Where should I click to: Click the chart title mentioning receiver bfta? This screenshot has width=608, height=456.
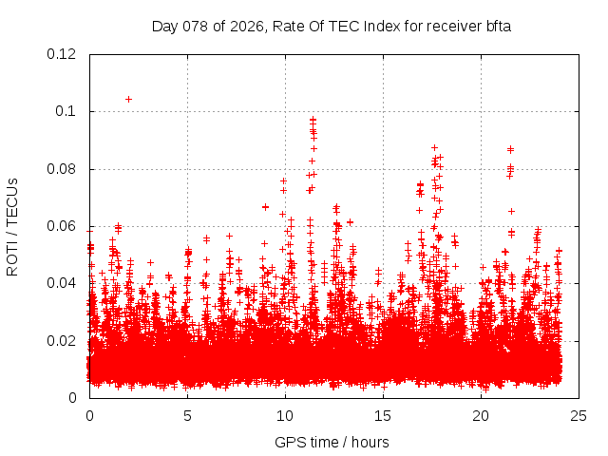click(x=332, y=26)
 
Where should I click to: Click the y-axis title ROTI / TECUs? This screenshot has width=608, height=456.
click(x=12, y=226)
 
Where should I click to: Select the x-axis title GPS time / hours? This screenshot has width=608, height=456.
click(x=332, y=442)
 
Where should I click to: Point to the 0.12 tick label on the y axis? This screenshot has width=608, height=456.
click(x=63, y=54)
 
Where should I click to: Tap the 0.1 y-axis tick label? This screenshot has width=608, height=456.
click(x=66, y=111)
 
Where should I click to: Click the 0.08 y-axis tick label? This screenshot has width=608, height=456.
click(x=63, y=169)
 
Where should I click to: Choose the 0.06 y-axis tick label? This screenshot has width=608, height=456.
click(x=63, y=226)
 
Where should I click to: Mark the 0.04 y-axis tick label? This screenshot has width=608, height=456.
click(x=63, y=283)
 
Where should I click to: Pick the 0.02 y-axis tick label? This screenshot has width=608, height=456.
click(x=63, y=340)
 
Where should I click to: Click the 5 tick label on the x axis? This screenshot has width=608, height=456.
click(x=188, y=415)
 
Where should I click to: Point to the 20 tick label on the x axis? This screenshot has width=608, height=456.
click(x=482, y=415)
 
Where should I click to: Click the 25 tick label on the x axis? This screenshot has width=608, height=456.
click(x=579, y=415)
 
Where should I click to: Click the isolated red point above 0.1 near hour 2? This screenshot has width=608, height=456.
click(x=128, y=99)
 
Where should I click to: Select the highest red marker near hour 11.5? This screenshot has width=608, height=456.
click(x=313, y=120)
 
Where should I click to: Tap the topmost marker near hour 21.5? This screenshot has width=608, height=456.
click(x=510, y=149)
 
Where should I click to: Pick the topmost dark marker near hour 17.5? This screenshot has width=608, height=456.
click(x=434, y=147)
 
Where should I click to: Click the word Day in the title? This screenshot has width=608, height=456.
click(x=164, y=26)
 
